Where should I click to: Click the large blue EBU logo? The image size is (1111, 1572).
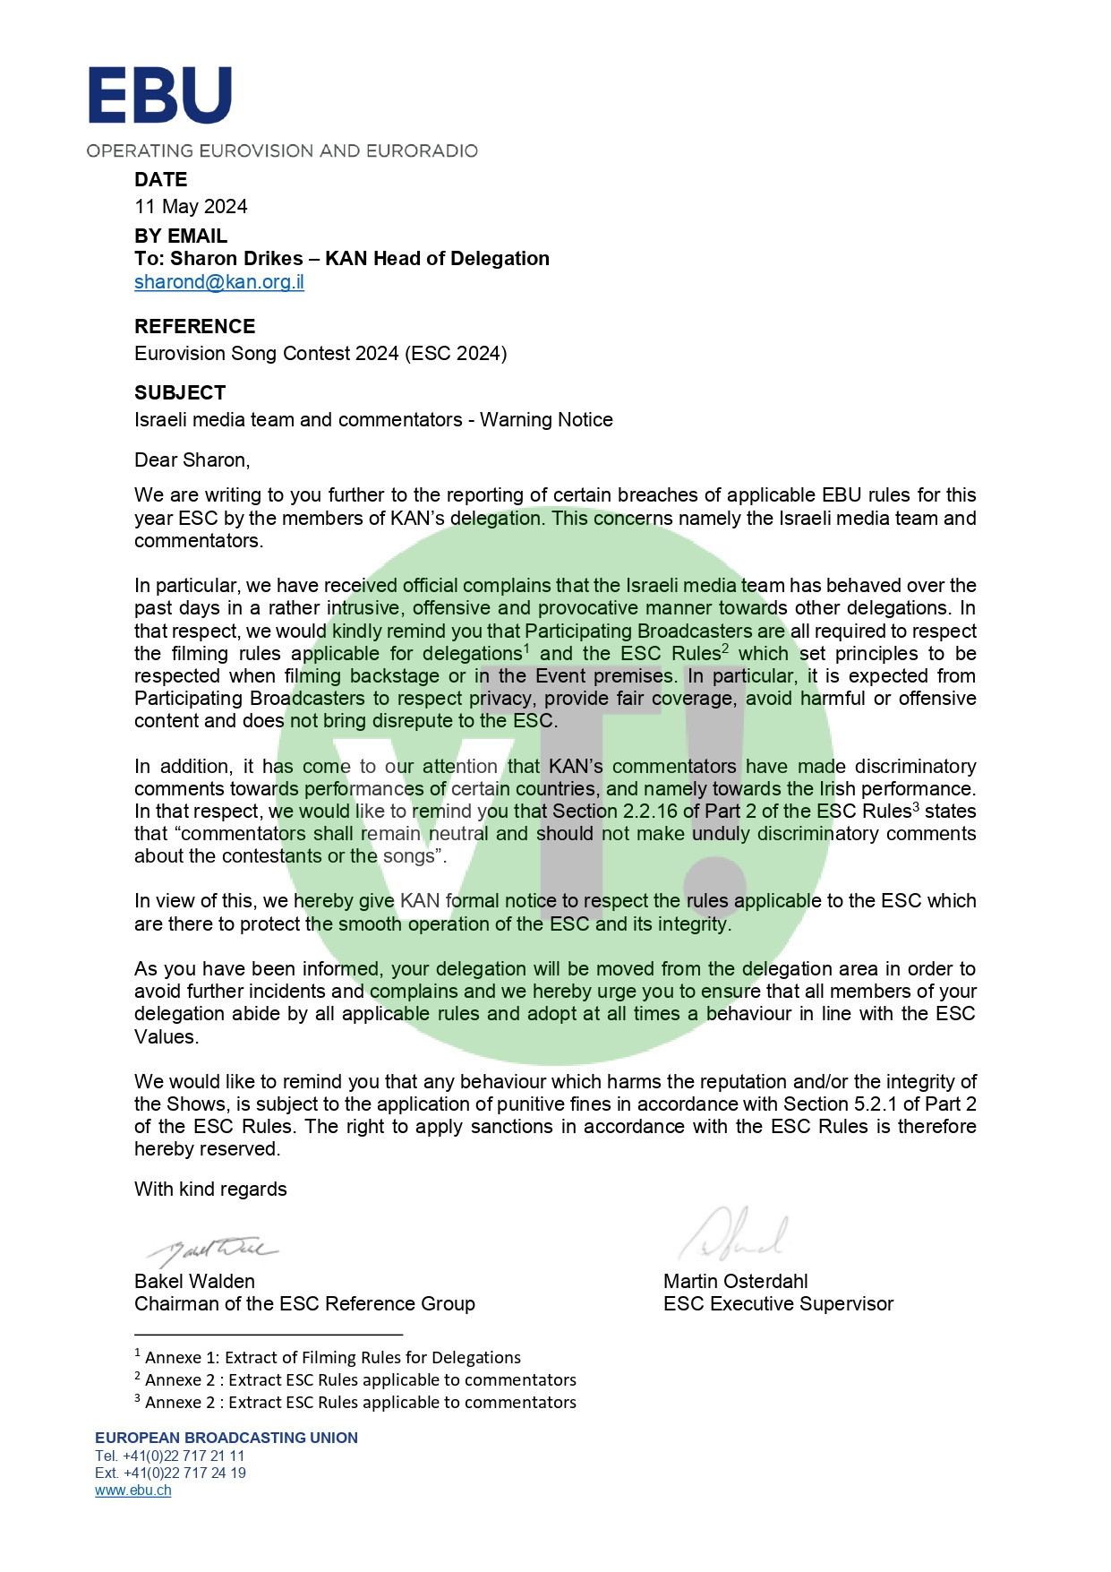pos(159,95)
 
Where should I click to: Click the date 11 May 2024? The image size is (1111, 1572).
pos(191,207)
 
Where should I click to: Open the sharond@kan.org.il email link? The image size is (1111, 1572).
pos(219,282)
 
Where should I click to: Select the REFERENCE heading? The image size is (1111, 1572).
pos(194,326)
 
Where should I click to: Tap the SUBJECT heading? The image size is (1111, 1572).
pos(180,392)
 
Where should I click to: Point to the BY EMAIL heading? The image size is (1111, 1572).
pos(181,236)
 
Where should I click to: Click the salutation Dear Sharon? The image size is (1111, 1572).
pos(192,460)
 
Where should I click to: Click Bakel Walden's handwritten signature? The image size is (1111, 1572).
pos(213,1248)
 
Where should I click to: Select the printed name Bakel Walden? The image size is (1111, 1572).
pos(194,1281)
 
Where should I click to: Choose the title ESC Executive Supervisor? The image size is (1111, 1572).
pos(778,1304)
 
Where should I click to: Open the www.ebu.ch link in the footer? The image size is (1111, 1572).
pos(133,1490)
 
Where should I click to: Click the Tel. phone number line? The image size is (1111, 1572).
pos(170,1456)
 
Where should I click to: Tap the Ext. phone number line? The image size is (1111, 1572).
pos(170,1473)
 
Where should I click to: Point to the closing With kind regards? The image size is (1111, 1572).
pos(210,1190)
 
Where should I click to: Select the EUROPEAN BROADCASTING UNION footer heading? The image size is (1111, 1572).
pos(226,1438)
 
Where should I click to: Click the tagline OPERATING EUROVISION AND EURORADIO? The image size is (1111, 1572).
pos(282,150)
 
